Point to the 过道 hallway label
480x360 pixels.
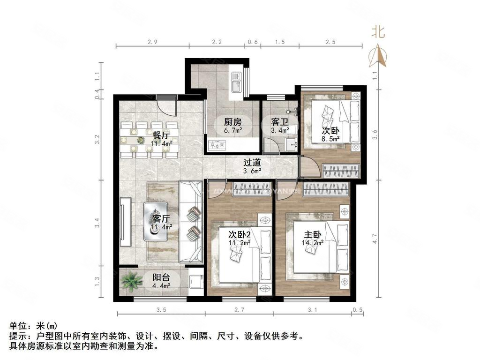252,163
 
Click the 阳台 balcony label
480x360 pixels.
161,277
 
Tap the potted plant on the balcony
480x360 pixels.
131,281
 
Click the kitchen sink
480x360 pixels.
235,82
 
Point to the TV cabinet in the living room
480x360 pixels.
125,222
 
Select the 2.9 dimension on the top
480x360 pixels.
152,42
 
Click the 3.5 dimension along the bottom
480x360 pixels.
161,310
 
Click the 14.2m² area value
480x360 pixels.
313,243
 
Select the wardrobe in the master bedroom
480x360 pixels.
326,189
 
